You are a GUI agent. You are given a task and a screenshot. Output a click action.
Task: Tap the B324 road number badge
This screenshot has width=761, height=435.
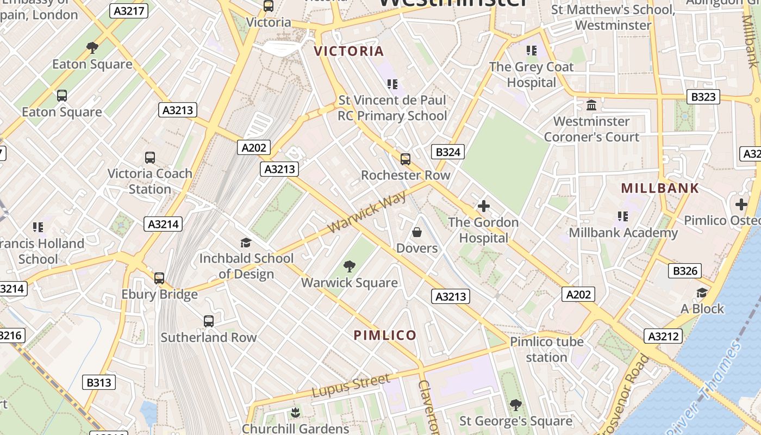coord(448,152)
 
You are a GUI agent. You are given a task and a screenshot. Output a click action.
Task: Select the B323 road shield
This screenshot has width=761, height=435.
coord(703,97)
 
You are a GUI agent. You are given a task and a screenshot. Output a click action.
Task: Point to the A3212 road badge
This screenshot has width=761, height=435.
coord(663,336)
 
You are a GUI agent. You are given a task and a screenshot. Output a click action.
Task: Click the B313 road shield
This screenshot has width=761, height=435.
coord(99,382)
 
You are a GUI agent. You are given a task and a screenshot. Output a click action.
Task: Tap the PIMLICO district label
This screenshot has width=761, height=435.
coord(385,335)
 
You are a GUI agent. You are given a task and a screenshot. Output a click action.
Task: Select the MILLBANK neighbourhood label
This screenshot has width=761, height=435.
coord(660,188)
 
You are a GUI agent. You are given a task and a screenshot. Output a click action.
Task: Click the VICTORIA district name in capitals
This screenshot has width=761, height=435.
coord(349,51)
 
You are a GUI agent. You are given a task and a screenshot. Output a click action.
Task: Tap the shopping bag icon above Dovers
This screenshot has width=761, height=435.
coord(417,232)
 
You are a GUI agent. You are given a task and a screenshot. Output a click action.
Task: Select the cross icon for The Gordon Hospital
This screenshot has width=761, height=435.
coord(483,206)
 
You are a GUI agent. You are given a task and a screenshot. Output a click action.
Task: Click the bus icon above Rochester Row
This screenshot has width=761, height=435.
coord(406,159)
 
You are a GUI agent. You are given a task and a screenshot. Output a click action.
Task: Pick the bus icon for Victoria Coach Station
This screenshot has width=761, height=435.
coord(150,158)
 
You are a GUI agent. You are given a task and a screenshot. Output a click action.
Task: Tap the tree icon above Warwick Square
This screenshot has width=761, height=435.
coord(350,266)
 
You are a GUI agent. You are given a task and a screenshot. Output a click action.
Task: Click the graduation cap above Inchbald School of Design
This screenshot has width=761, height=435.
coord(246,243)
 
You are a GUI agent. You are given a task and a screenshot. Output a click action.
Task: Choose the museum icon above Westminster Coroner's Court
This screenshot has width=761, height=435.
coord(591,104)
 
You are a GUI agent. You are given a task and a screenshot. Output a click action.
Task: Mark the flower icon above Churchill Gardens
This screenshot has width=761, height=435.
coord(295,412)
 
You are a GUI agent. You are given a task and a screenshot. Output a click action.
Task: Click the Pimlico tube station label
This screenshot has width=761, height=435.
coord(546,350)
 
